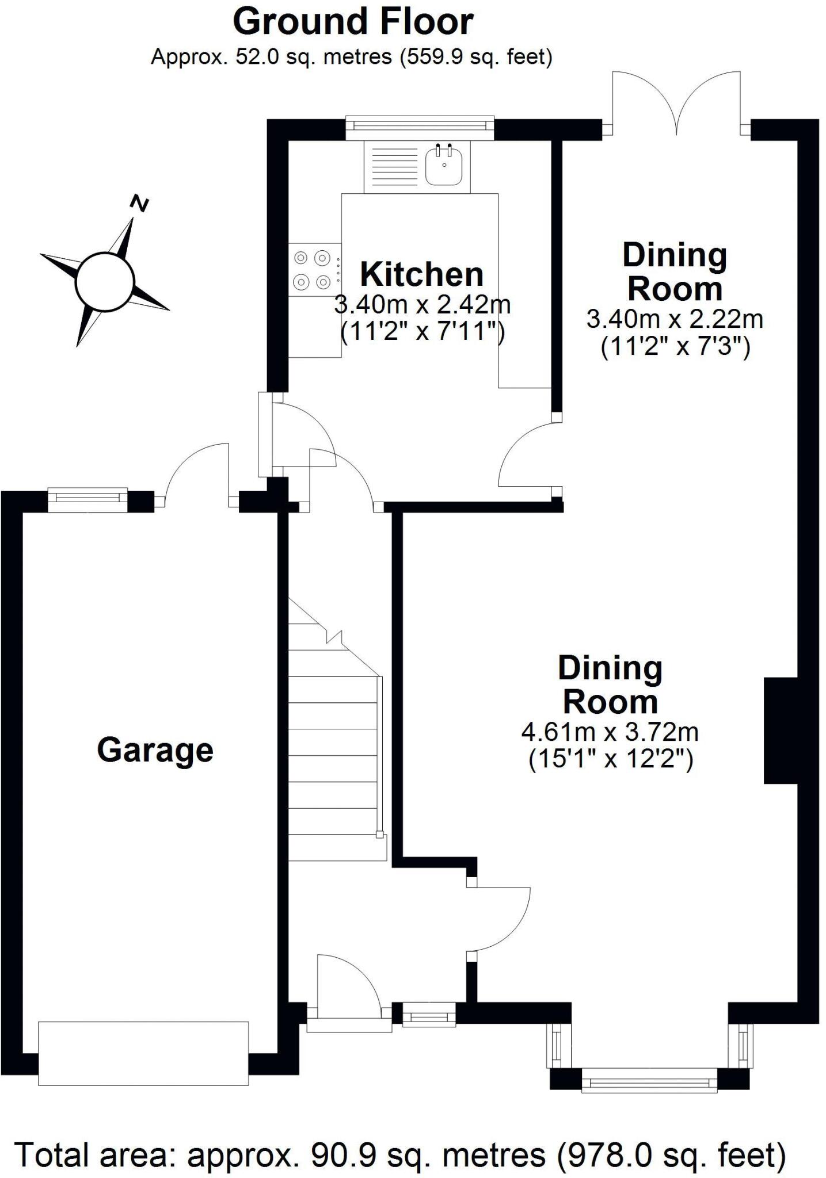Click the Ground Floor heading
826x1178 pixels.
(x=353, y=22)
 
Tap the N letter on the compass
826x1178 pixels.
(x=139, y=203)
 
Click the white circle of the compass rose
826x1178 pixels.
(x=105, y=282)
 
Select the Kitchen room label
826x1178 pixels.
(x=421, y=274)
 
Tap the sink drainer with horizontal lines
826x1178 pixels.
(x=394, y=167)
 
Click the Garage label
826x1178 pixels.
(x=155, y=750)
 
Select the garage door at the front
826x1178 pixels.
(x=143, y=1053)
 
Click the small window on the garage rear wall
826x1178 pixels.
(x=87, y=499)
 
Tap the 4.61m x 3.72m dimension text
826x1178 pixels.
(x=610, y=732)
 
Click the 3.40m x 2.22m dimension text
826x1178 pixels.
(x=674, y=319)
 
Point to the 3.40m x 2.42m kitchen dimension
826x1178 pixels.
(x=422, y=305)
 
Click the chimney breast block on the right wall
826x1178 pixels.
(x=780, y=730)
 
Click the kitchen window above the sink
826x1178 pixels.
(x=420, y=126)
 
